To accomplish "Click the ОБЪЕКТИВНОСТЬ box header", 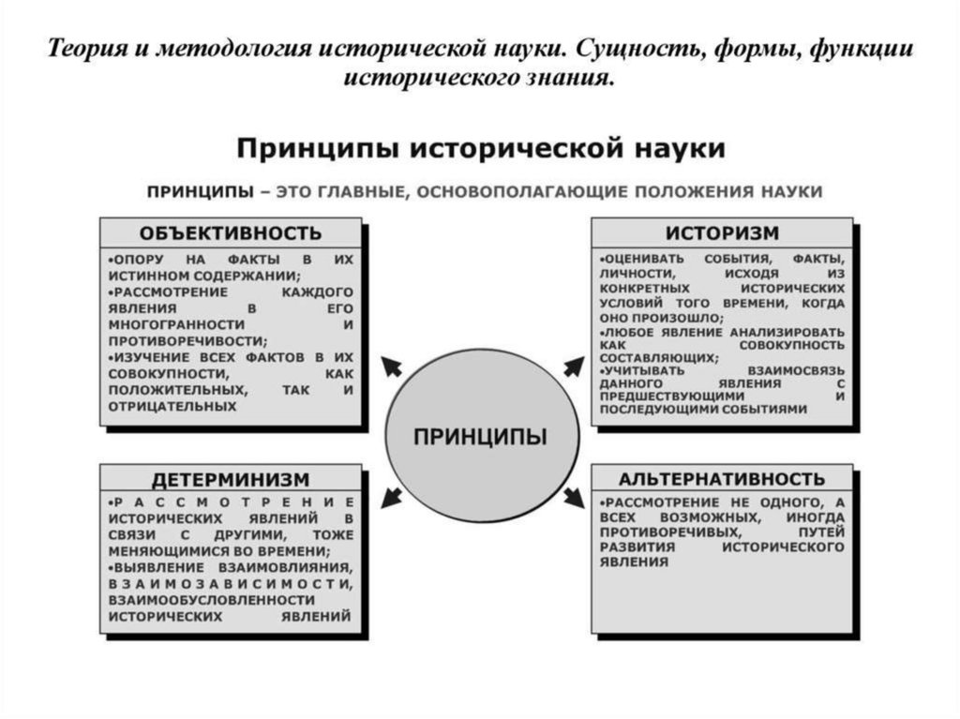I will (x=231, y=232).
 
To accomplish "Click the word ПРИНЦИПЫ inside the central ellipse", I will (x=481, y=437).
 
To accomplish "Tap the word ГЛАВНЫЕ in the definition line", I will (x=355, y=191).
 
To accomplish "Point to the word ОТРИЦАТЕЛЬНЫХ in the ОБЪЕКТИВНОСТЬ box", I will (x=172, y=407).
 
